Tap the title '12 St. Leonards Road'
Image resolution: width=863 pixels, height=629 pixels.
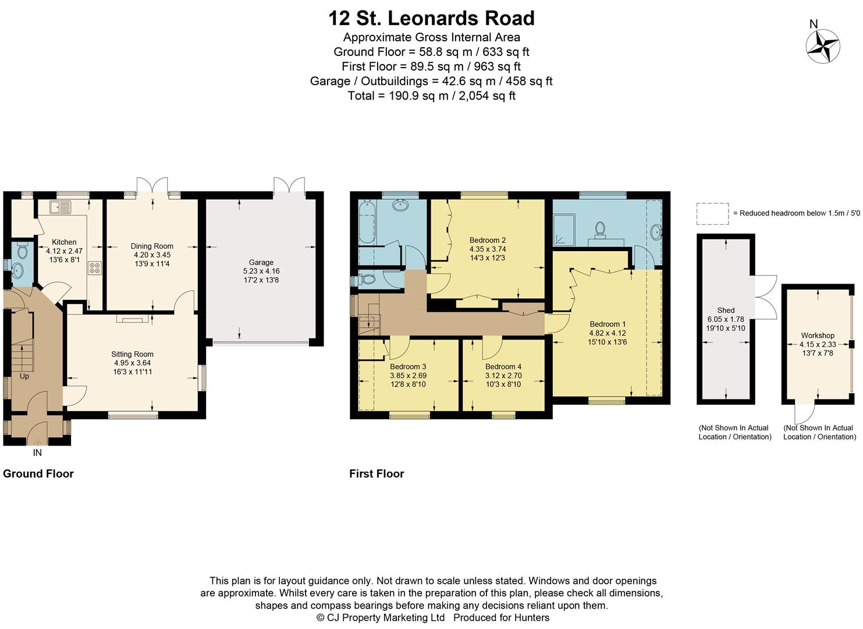click(x=431, y=19)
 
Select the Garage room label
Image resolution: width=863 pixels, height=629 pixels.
click(x=261, y=263)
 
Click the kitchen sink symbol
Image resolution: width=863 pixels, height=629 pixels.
click(x=60, y=206)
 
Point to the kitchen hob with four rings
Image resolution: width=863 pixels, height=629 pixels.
click(x=95, y=268)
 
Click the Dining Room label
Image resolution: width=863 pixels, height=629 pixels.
click(x=152, y=246)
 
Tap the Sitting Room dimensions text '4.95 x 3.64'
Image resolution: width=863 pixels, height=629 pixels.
click(x=132, y=363)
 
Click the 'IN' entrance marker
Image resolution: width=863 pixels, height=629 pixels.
click(x=37, y=453)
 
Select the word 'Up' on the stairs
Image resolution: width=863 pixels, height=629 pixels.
click(x=24, y=376)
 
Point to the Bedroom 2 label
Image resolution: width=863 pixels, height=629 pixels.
click(x=487, y=240)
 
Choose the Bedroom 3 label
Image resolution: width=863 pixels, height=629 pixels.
click(x=408, y=367)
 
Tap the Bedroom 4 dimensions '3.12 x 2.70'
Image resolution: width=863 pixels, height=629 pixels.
click(x=503, y=376)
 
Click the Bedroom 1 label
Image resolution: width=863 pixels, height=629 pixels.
click(x=608, y=324)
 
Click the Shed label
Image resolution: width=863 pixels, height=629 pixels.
click(x=726, y=310)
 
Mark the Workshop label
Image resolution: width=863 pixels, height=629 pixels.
click(x=818, y=335)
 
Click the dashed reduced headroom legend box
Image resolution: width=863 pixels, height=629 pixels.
click(x=712, y=214)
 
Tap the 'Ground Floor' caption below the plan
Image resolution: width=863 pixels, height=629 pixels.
click(x=38, y=473)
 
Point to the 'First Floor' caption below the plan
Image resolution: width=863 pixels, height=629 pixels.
click(x=377, y=473)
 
